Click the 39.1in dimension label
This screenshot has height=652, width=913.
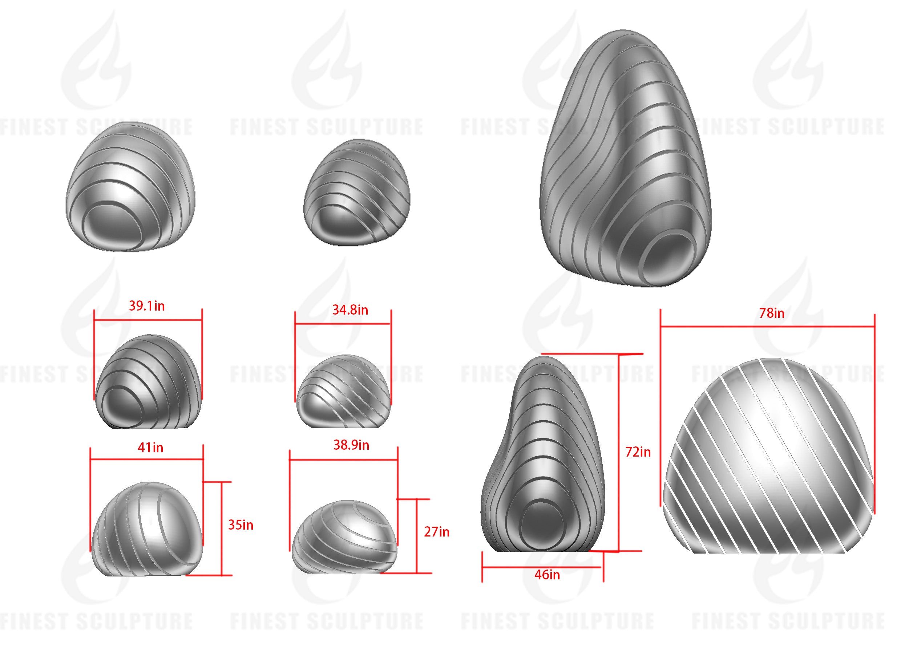point(146,306)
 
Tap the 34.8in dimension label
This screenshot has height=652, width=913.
point(350,310)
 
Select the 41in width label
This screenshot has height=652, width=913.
point(150,448)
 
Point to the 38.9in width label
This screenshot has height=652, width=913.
point(351,445)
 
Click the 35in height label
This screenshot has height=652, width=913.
point(241,525)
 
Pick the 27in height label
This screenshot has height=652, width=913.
point(436,532)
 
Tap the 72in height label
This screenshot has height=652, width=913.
point(638,452)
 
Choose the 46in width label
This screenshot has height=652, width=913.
point(547,575)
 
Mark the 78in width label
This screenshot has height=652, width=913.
point(771,313)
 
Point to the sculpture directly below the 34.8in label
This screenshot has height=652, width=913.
point(343,392)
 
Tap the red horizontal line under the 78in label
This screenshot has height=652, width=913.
point(767,327)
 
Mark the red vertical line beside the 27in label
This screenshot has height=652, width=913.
point(417,536)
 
